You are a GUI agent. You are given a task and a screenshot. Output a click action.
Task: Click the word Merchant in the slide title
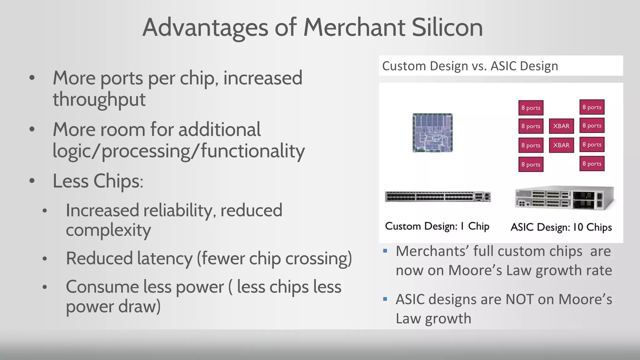tap(354, 27)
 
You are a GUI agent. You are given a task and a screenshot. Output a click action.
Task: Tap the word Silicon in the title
tap(447, 27)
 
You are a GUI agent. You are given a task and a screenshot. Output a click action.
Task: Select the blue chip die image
tap(432, 133)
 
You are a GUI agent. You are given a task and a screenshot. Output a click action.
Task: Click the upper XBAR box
tap(561, 126)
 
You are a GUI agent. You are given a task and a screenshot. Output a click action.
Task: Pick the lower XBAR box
tap(561, 145)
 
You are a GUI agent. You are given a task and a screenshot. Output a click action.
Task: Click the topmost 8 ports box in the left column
tap(531, 108)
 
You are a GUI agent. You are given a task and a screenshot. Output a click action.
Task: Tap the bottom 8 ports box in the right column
tap(592, 163)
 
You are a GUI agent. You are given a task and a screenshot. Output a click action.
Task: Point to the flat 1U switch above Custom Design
tap(437, 197)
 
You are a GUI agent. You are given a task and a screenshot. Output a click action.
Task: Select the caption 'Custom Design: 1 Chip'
tap(437, 226)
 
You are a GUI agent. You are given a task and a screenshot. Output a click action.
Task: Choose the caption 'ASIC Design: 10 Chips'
tap(561, 227)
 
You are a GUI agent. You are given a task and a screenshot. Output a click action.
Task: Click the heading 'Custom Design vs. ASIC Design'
tap(470, 66)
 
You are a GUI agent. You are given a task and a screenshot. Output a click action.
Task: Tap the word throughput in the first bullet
tap(99, 100)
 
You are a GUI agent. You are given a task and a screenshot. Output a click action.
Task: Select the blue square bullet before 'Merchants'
tap(385, 251)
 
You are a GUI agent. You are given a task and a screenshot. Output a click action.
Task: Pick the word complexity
tap(108, 230)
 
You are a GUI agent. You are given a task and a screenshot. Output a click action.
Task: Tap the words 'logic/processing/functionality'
tap(178, 151)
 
